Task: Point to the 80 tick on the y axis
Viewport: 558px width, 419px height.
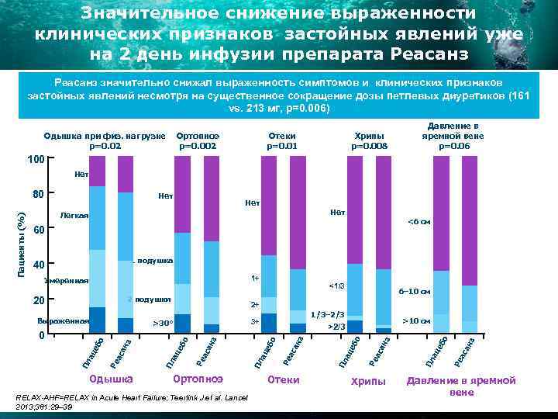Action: point(35,194)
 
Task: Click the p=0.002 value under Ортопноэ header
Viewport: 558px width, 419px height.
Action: point(198,145)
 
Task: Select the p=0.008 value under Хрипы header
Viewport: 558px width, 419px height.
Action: point(370,145)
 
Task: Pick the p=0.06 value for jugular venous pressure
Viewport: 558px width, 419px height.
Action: point(453,145)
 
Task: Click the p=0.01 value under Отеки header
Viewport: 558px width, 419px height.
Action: point(282,145)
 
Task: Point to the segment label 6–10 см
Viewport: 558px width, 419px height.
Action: point(414,292)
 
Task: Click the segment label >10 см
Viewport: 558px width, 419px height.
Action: point(416,320)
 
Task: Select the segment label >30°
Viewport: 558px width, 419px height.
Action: point(163,322)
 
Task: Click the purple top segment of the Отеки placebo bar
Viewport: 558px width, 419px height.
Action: point(269,206)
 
